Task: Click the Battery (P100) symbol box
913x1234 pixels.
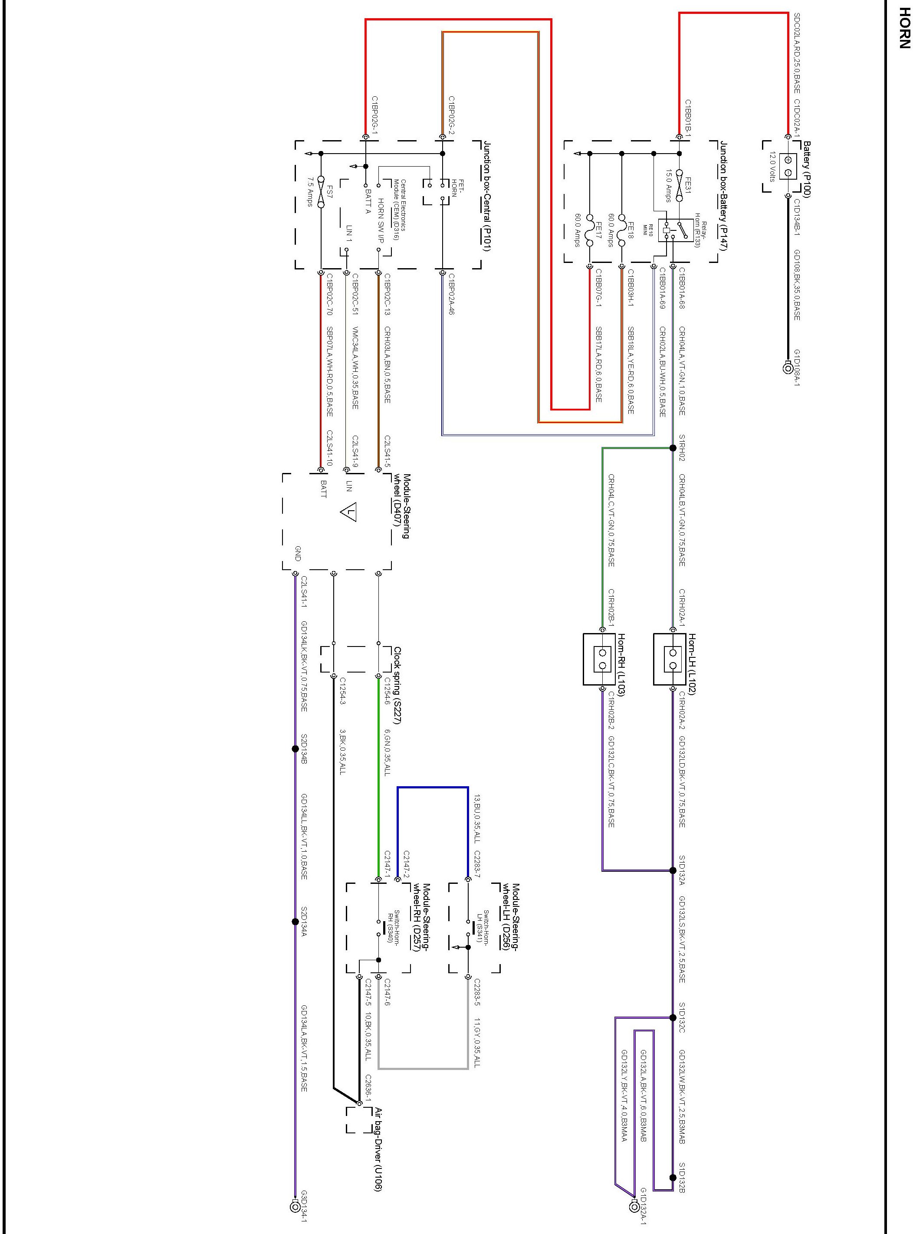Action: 788,166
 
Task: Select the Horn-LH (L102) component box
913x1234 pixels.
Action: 673,659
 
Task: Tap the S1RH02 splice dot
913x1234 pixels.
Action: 673,448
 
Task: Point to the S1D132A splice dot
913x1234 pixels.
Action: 673,870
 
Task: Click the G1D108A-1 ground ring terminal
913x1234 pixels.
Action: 788,368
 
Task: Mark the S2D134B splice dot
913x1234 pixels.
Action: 295,749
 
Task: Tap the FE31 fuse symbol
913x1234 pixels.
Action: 679,177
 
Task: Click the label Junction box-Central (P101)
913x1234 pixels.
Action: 487,196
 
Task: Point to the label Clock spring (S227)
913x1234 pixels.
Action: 397,685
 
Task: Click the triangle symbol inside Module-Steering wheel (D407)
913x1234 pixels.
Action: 349,512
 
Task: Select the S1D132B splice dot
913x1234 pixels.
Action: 673,1178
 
